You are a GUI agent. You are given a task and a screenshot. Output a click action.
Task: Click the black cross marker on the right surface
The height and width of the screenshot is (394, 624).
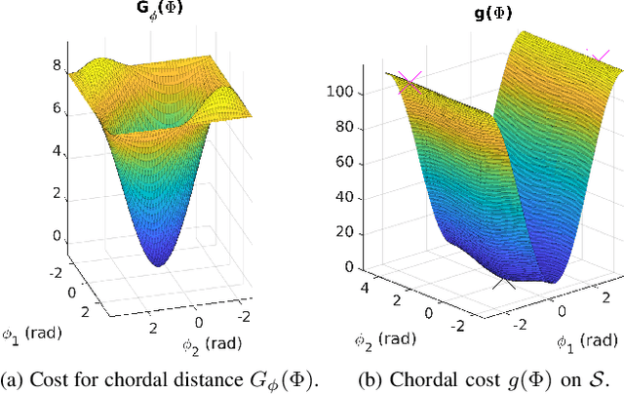click(504, 283)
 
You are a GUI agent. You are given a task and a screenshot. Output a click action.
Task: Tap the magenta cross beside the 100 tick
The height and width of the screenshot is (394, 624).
click(408, 81)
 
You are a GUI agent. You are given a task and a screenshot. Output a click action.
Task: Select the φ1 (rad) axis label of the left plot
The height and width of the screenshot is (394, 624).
click(31, 334)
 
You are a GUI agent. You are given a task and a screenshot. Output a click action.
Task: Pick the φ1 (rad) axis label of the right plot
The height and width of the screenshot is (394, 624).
click(585, 340)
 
